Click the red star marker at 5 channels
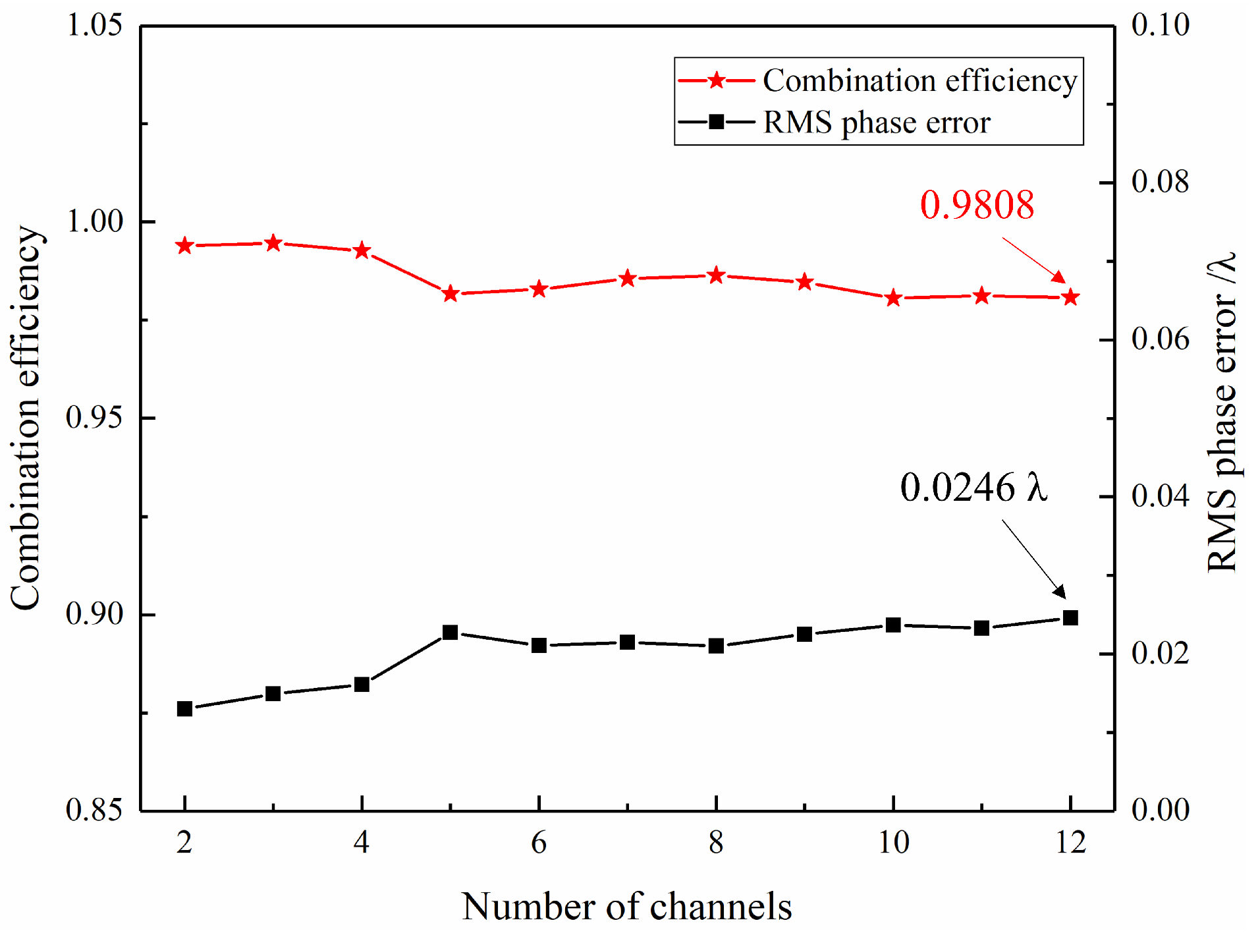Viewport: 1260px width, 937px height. click(450, 294)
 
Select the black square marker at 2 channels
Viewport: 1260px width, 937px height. click(184, 709)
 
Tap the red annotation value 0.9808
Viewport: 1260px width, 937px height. click(977, 204)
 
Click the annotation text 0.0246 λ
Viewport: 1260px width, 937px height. click(973, 488)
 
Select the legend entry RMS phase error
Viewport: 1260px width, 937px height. click(876, 123)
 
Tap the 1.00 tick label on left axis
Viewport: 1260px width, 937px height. click(95, 221)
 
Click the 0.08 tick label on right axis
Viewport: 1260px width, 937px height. click(1160, 182)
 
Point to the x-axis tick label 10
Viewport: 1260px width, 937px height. click(893, 843)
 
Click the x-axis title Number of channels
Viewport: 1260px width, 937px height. click(626, 907)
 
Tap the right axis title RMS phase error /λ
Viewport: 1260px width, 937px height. click(1222, 412)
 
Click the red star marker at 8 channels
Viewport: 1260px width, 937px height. click(716, 275)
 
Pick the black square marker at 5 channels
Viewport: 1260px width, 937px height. click(450, 633)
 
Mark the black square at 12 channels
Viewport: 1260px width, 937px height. click(1070, 618)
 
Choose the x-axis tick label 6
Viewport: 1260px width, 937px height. click(539, 843)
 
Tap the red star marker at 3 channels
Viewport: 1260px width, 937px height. click(273, 244)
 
